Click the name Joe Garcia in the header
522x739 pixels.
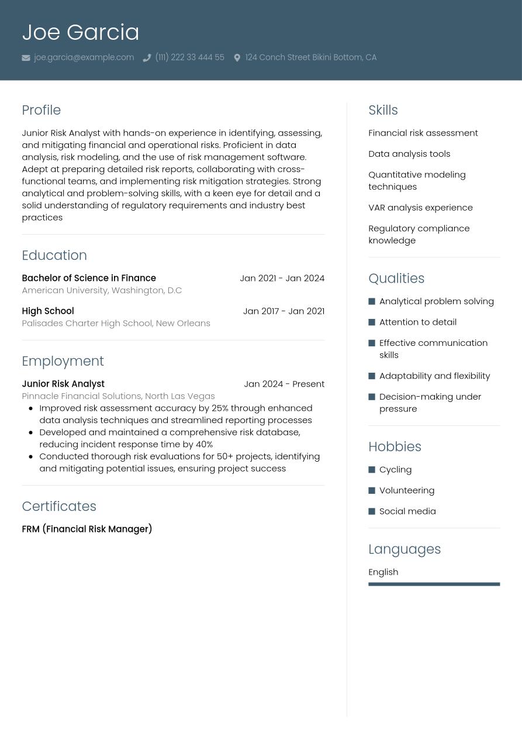coord(81,32)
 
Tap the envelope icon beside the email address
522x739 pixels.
coord(26,58)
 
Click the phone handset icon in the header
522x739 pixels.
coord(147,58)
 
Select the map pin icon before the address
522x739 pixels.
coord(237,58)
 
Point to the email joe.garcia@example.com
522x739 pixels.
coord(84,57)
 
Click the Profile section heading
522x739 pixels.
coord(41,110)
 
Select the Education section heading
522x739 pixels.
coord(54,255)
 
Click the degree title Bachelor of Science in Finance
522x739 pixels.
coord(89,278)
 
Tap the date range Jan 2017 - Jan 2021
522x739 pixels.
coord(284,311)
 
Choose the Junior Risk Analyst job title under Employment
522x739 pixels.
coord(63,384)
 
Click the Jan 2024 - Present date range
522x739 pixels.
coord(284,384)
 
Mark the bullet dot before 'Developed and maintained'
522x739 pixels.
coord(30,432)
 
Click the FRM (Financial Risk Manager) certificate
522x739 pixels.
coord(87,529)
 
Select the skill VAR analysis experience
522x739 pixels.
coord(420,207)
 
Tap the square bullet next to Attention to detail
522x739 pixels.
coord(372,322)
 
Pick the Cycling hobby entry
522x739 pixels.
coord(395,469)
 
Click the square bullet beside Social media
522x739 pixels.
coord(372,511)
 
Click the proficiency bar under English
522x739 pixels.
coord(434,584)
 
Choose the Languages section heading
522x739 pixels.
coord(405,549)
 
